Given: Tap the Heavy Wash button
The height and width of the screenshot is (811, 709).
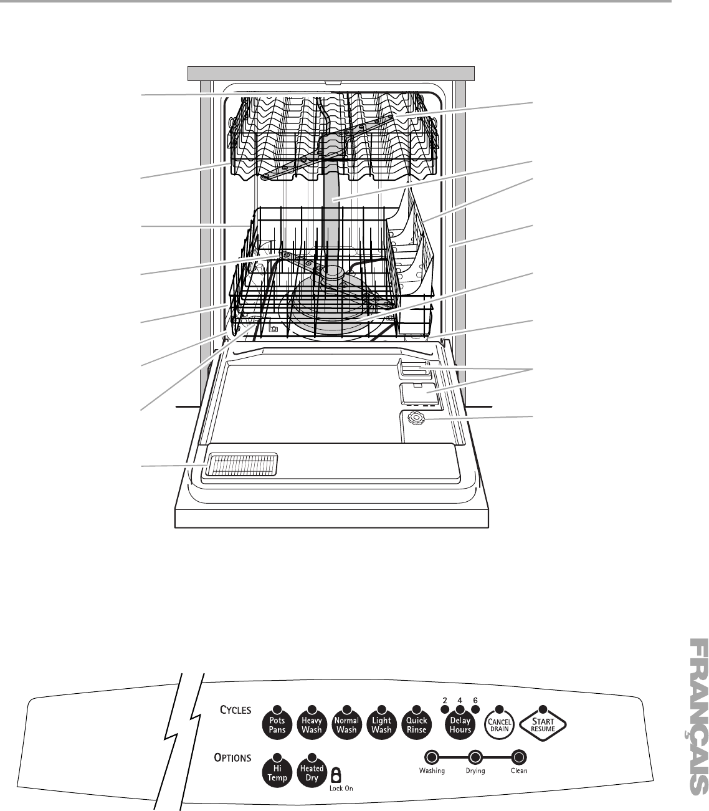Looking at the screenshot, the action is (311, 724).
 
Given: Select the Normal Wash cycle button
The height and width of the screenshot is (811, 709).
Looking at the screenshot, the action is (346, 724).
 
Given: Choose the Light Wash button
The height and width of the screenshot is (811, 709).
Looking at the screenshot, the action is (381, 724).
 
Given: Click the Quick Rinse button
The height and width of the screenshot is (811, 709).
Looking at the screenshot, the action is (416, 724).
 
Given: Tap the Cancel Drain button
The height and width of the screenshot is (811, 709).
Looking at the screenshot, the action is (498, 724).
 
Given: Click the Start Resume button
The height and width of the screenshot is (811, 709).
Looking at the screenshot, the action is (542, 724).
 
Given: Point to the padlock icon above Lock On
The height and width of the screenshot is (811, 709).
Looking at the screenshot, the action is (336, 774).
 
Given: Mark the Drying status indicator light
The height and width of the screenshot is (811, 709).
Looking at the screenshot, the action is (475, 757).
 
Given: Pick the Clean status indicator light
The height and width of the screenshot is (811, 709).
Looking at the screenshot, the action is (518, 757).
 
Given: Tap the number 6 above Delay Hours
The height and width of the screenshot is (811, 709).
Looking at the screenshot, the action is (475, 700).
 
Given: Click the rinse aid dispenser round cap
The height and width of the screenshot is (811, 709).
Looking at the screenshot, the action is (414, 420).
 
